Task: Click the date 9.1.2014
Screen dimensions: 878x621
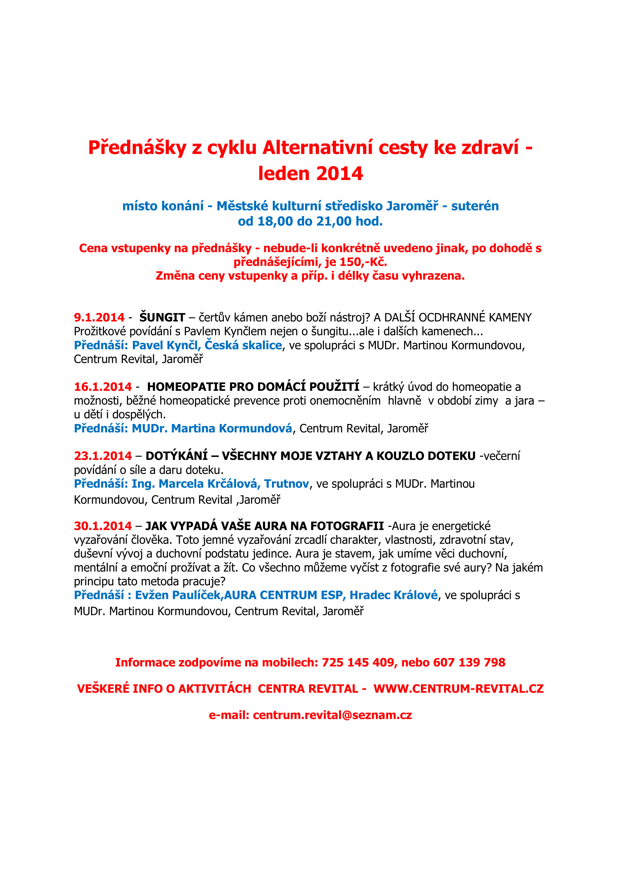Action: tap(99, 317)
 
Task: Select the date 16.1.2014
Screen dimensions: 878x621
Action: tap(103, 387)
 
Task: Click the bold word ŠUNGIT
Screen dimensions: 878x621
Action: tap(162, 317)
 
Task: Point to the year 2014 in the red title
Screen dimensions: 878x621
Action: tap(339, 174)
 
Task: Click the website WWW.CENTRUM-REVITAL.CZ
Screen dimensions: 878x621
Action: tap(458, 689)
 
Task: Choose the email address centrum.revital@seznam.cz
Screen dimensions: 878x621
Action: tap(332, 715)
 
